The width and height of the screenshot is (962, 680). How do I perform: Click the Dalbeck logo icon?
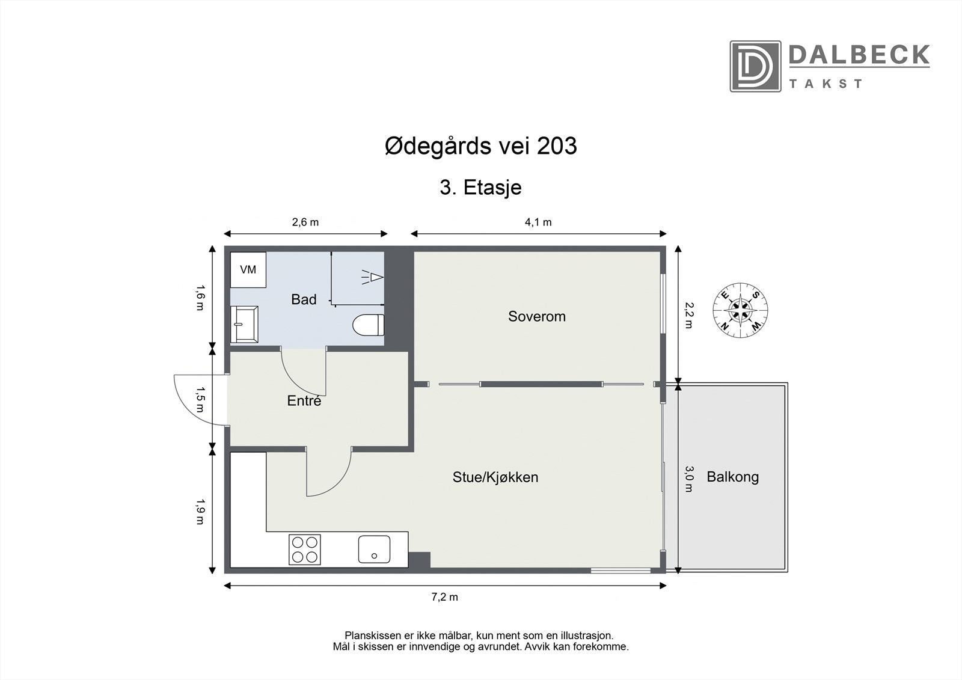(x=755, y=66)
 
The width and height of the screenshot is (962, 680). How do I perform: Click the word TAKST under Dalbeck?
(x=826, y=84)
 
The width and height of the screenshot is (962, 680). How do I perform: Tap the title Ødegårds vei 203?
(x=480, y=146)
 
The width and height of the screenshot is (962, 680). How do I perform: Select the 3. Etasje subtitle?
(x=480, y=188)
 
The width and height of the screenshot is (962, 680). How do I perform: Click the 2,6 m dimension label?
(x=305, y=222)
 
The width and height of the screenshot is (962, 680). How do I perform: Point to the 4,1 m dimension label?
(x=538, y=222)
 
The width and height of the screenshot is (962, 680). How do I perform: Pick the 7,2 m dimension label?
(x=445, y=597)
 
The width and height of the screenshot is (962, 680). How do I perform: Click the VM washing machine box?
(x=248, y=269)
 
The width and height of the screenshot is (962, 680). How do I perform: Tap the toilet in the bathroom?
(x=368, y=325)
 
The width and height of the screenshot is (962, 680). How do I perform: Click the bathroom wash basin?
(x=245, y=324)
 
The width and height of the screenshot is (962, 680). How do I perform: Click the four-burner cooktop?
(x=305, y=550)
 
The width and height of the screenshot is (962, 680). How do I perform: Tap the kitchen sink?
(x=374, y=550)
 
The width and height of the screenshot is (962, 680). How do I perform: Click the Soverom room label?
(x=537, y=316)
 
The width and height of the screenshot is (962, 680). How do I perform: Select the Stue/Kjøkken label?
(x=495, y=477)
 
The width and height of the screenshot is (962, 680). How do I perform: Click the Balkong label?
(x=732, y=477)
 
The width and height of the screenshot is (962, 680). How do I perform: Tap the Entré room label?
(x=304, y=400)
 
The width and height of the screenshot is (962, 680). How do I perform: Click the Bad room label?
(x=304, y=299)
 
